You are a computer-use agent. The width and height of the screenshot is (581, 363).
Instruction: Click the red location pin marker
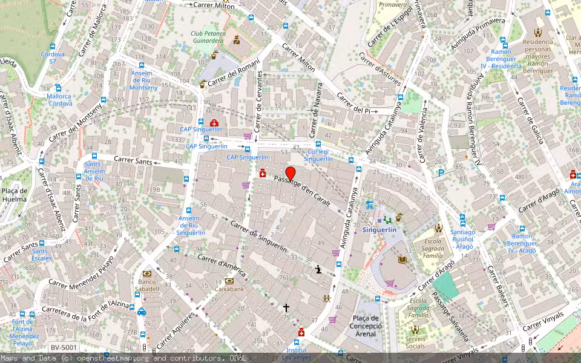290,174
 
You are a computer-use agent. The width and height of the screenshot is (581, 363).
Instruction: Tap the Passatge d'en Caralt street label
302,191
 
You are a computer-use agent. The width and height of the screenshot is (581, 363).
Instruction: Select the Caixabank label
229,289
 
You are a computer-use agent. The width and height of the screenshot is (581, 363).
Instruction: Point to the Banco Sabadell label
148,285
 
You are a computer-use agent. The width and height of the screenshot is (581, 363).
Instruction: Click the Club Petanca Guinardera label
208,38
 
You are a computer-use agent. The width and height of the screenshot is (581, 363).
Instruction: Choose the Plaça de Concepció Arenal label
366,326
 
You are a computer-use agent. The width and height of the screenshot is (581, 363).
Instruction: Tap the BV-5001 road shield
63,347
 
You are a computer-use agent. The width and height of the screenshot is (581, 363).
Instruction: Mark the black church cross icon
286,308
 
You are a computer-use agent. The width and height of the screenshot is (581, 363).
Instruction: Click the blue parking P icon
441,172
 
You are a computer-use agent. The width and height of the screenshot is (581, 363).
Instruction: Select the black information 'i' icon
318,270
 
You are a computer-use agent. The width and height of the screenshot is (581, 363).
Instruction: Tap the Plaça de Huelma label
15,194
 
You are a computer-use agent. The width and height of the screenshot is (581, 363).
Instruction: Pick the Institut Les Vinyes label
297,354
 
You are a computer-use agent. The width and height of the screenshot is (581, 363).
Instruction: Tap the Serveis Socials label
415,342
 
